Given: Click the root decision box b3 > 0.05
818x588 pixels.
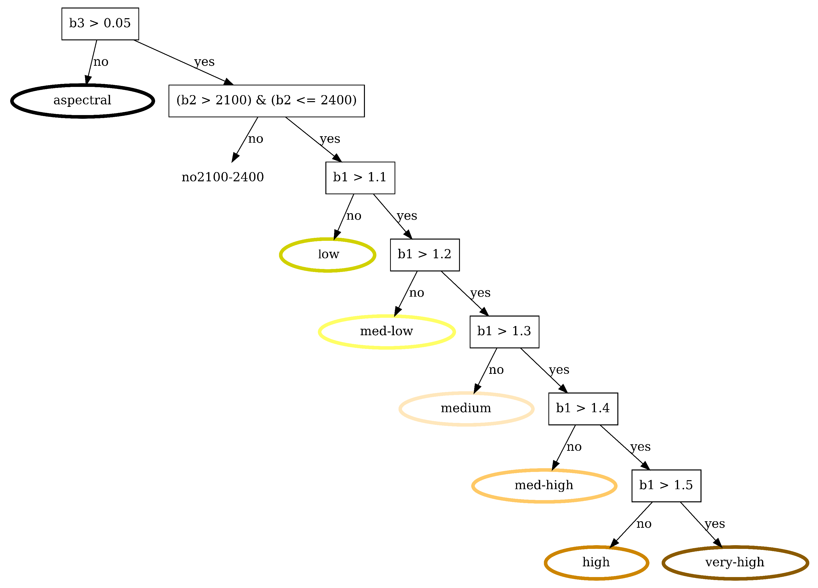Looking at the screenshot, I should [x=100, y=24].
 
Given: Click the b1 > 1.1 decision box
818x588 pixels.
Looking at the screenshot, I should [x=360, y=178].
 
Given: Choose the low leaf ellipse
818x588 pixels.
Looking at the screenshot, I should [x=328, y=255].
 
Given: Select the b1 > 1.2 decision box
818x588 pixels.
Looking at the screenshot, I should [x=424, y=255].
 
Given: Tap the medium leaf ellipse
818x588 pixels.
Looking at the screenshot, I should [x=466, y=409].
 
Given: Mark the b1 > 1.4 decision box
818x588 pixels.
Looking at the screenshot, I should [x=583, y=409].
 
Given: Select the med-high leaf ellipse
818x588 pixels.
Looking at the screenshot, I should [x=544, y=486].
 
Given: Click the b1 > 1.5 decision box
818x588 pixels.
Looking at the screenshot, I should [x=666, y=486].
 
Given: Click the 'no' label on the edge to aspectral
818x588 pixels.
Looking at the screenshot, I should [x=101, y=62].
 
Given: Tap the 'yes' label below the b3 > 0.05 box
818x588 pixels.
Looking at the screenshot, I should [x=204, y=62].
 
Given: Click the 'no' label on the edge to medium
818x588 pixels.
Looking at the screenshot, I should [x=496, y=370].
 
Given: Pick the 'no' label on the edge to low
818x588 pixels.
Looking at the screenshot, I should [x=353, y=216].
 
